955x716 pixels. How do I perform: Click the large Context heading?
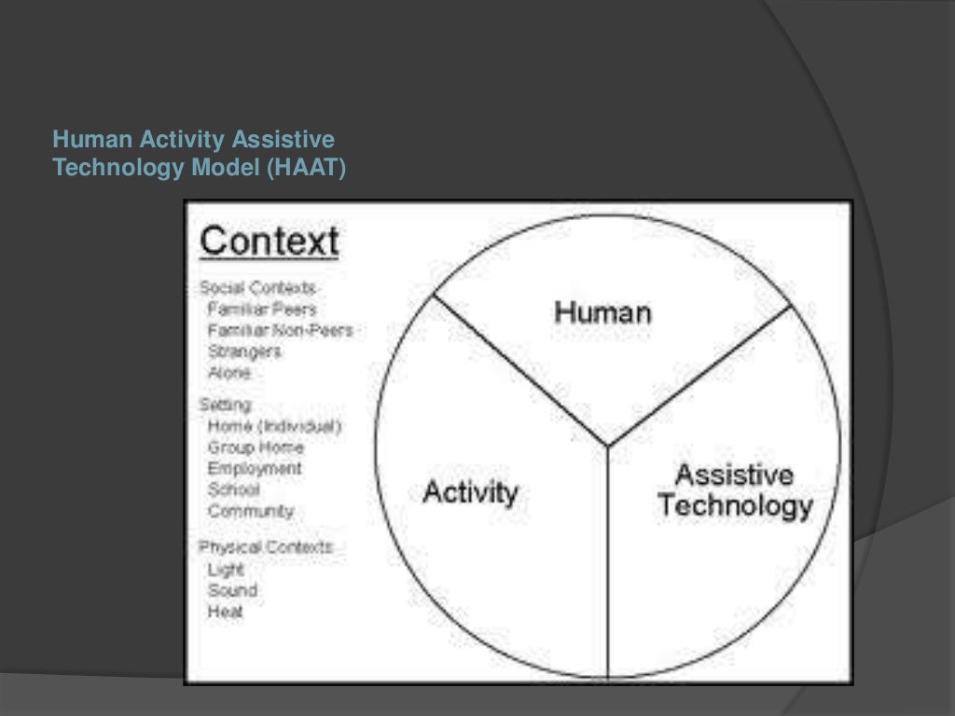[x=269, y=241]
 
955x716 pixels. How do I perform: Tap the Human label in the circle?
[x=602, y=311]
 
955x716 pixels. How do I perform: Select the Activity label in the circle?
[x=470, y=491]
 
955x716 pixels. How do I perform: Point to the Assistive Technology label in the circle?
[x=735, y=490]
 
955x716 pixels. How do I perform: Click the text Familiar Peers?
[x=262, y=309]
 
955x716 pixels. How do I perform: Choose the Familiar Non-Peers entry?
[x=280, y=330]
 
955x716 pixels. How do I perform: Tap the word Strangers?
[x=244, y=351]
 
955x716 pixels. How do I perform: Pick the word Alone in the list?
[x=229, y=372]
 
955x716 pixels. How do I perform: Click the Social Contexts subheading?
[x=257, y=288]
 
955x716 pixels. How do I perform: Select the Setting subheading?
[x=225, y=406]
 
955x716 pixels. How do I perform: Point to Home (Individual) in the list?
[x=274, y=426]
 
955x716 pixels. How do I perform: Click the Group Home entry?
[x=256, y=447]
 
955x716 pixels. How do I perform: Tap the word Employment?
[x=255, y=468]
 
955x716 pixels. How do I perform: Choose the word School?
[x=234, y=489]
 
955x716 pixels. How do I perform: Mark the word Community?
[x=251, y=511]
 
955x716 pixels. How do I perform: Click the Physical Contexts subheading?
[x=266, y=547]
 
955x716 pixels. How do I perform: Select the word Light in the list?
[x=226, y=569]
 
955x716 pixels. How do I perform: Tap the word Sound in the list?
[x=232, y=590]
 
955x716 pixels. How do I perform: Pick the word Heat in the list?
[x=226, y=612]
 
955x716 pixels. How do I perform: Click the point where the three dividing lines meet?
[x=608, y=446]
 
